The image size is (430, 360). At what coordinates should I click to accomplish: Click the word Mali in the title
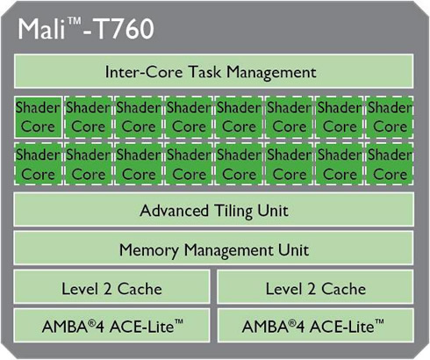coord(42,29)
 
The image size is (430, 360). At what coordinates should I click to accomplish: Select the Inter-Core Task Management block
coord(214,71)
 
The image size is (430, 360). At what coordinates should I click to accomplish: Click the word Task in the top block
coord(204,71)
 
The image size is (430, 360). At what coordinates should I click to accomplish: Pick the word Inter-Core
coord(144,72)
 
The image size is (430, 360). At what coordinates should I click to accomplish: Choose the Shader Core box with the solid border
coord(38,117)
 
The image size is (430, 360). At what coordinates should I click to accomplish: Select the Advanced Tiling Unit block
coord(214,209)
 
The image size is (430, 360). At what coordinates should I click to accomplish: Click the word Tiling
coord(233,211)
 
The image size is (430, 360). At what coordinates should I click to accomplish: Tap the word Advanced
coord(174,211)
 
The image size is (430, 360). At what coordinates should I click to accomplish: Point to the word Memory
coord(148,250)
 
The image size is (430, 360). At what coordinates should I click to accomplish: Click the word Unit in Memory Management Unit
coord(293,250)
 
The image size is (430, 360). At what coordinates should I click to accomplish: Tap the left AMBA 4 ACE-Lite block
coord(111,325)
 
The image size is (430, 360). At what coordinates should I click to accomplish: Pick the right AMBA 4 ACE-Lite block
coord(316,325)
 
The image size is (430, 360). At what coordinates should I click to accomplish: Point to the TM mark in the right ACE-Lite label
coord(379,322)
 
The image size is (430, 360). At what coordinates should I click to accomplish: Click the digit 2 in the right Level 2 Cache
coord(312,289)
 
